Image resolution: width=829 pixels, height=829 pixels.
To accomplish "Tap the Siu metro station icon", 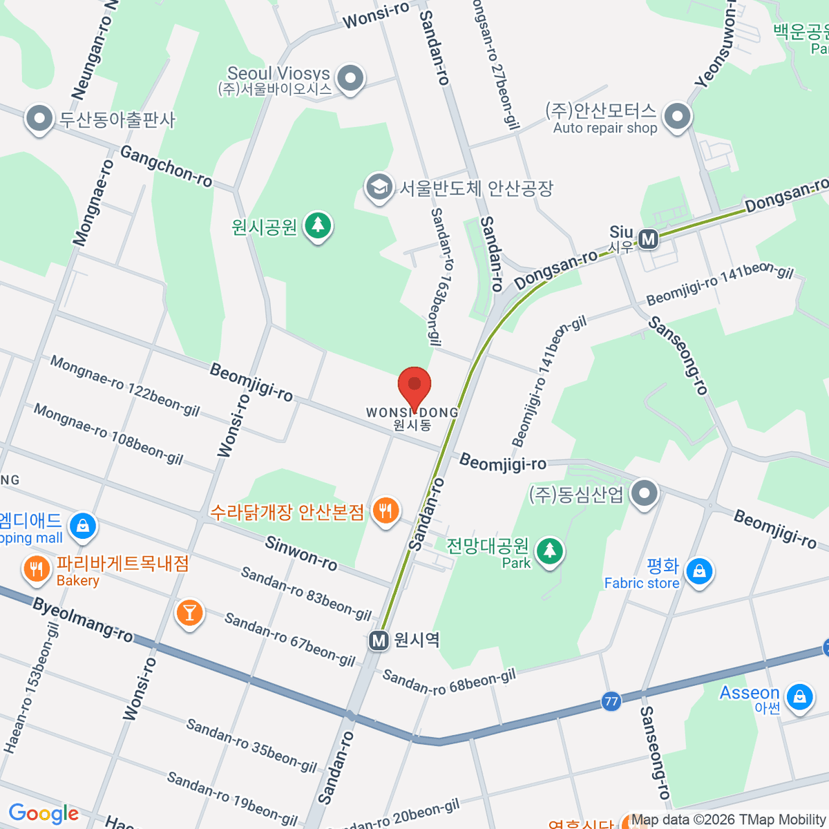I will [648, 239].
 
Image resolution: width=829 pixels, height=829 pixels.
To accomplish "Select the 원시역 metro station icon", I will [379, 640].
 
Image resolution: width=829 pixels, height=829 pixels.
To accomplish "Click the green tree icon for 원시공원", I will [318, 225].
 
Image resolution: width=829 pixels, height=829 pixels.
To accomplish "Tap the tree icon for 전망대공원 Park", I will [550, 551].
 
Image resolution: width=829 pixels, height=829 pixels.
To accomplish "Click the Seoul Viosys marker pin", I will [351, 78].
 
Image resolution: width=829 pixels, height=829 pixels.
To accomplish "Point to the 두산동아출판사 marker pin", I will [39, 119].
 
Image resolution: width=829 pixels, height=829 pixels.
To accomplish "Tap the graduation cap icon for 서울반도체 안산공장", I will [379, 188].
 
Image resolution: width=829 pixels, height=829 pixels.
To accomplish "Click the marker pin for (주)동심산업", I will [645, 493].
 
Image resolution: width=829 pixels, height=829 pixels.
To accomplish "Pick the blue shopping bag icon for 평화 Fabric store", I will [699, 572].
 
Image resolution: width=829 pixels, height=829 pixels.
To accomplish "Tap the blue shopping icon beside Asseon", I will [799, 696].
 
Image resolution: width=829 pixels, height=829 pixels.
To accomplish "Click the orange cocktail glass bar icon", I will [189, 613].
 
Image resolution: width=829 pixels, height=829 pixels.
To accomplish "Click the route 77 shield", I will [611, 701].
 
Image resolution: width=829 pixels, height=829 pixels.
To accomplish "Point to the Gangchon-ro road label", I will [166, 166].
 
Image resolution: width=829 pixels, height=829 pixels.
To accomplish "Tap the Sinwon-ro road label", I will [301, 553].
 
